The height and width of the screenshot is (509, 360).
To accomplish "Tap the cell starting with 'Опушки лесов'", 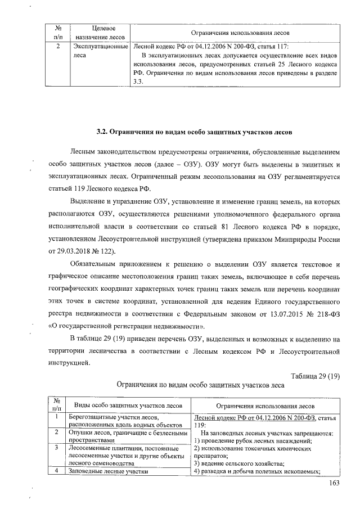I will (x=127, y=436).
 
